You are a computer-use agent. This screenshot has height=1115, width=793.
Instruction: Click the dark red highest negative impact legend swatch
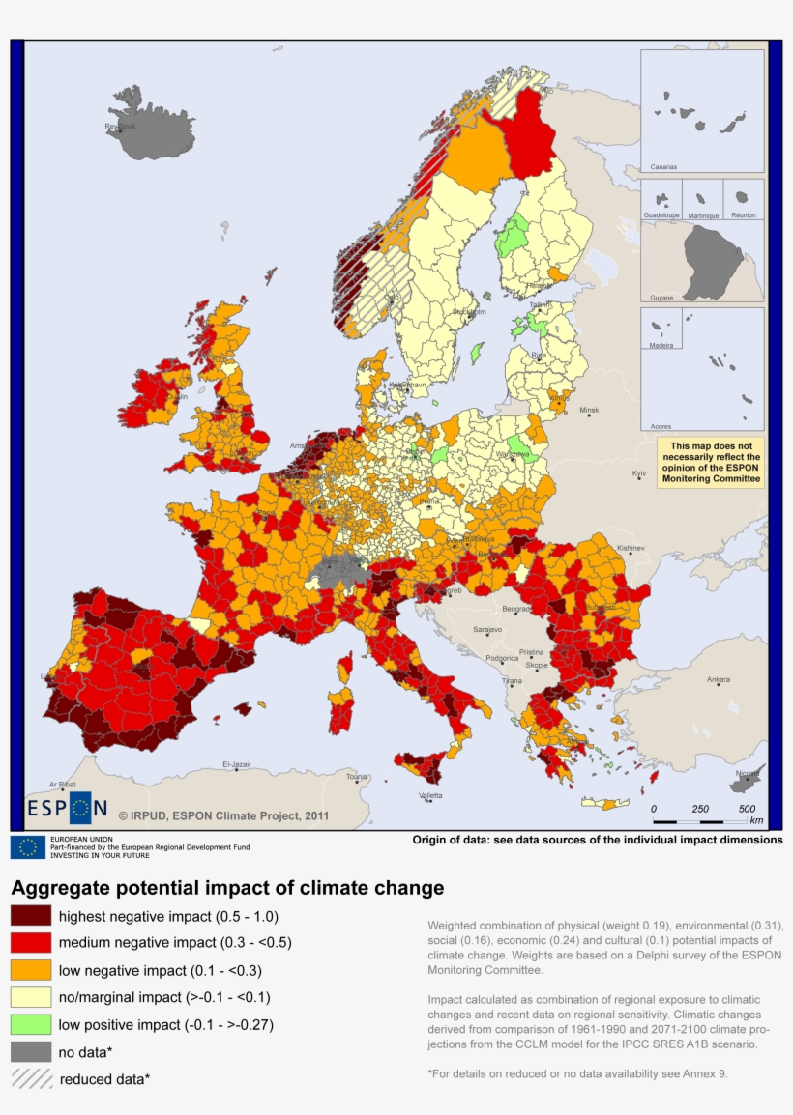click(x=30, y=916)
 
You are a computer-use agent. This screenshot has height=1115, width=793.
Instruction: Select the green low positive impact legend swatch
click(x=30, y=1024)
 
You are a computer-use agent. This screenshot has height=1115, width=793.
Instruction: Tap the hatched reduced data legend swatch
click(x=30, y=1078)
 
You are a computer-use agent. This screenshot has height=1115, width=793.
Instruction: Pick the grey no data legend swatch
click(x=30, y=1051)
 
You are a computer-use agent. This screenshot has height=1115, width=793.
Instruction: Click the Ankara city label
click(x=718, y=680)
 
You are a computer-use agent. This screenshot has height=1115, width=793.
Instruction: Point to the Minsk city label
click(x=589, y=411)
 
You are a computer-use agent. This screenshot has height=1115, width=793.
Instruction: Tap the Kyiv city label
click(x=639, y=473)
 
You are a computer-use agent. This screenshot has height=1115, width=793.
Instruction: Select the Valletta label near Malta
click(x=430, y=795)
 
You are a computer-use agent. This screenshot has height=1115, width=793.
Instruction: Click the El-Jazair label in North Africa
click(x=237, y=764)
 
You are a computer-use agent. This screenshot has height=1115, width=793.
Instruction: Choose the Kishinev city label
click(x=630, y=548)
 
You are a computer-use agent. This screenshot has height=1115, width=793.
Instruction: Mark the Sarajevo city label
click(x=487, y=630)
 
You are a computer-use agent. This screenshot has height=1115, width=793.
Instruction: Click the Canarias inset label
click(x=663, y=166)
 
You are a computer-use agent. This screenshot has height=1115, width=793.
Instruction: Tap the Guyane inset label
click(x=661, y=298)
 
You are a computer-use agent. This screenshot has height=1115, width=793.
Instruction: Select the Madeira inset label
click(x=661, y=345)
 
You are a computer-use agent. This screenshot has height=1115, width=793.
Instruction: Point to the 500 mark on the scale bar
click(x=747, y=808)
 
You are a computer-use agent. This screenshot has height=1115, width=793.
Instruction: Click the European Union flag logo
click(x=28, y=847)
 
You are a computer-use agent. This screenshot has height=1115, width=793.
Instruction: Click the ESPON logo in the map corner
click(x=67, y=808)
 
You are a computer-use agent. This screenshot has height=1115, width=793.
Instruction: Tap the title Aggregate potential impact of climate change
click(x=227, y=887)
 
